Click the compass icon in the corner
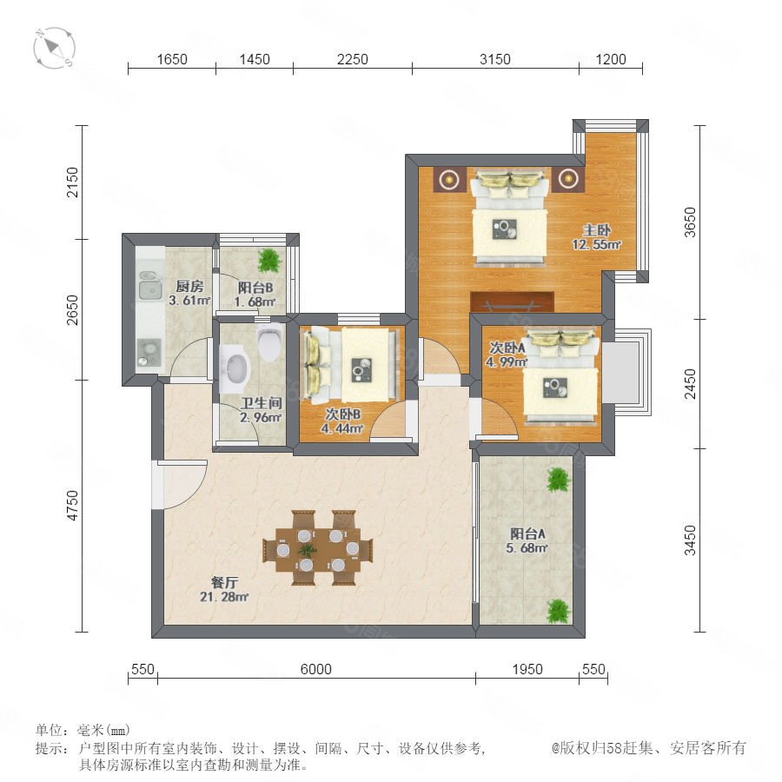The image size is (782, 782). pyautogui.click(x=54, y=48)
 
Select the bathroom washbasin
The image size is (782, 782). pyautogui.click(x=235, y=369)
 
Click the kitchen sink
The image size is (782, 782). pyautogui.click(x=150, y=286)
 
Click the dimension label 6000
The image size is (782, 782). pyautogui.click(x=315, y=669)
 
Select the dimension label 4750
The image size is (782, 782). pyautogui.click(x=73, y=506)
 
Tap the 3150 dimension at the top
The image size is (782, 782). pyautogui.click(x=494, y=59)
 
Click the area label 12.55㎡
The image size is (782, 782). pyautogui.click(x=596, y=244)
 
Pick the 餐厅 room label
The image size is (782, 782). pyautogui.click(x=224, y=582)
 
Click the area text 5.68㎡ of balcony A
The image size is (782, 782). pyautogui.click(x=527, y=547)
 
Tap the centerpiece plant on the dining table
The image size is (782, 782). pyautogui.click(x=308, y=550)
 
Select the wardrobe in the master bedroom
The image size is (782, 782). pyautogui.click(x=512, y=302)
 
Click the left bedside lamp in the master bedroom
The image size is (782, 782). pyautogui.click(x=450, y=178)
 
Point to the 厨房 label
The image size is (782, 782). pyautogui.click(x=189, y=286)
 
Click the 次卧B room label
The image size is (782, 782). pyautogui.click(x=342, y=414)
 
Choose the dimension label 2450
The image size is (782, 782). pyautogui.click(x=689, y=383)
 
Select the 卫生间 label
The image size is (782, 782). pyautogui.click(x=262, y=402)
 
